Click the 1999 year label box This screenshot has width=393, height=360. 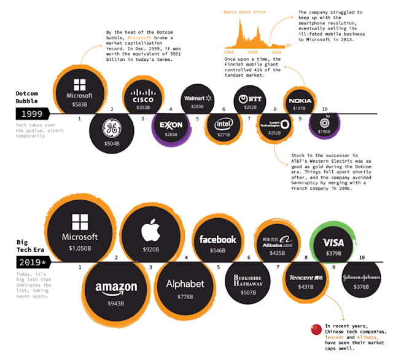(x=31, y=114)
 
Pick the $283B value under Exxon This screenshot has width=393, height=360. (x=171, y=135)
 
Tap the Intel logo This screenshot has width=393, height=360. (x=224, y=123)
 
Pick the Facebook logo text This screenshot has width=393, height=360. (x=218, y=240)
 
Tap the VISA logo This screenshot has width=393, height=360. (x=334, y=243)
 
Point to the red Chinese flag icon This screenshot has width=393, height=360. (x=316, y=329)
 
